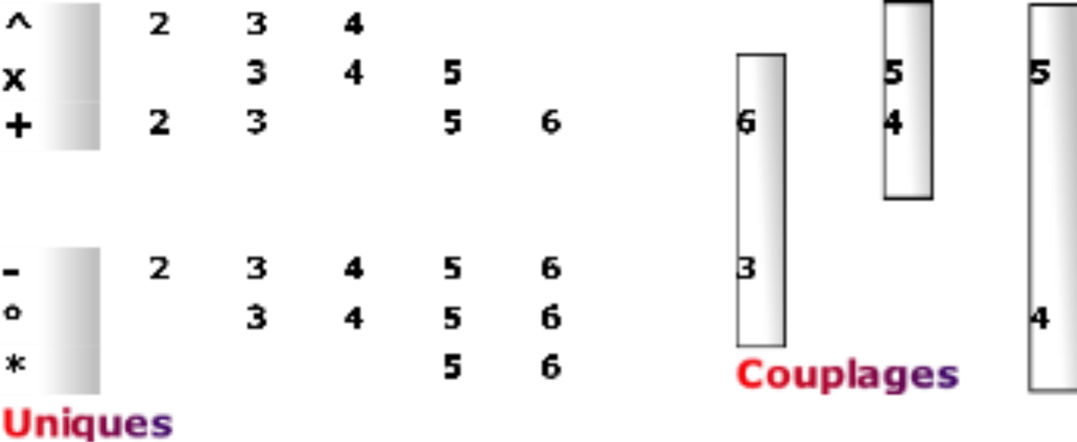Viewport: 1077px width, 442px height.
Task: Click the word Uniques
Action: coord(87,423)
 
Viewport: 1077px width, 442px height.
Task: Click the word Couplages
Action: coord(847,375)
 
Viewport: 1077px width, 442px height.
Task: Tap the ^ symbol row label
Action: coord(18,23)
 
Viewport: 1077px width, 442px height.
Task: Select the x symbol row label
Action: coord(14,77)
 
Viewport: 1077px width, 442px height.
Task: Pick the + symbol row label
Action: coord(18,125)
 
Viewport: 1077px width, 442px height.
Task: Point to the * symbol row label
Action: coord(13,366)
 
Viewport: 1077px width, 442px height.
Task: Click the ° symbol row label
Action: coord(12,312)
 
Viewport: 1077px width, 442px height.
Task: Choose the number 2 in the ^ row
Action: coord(159,26)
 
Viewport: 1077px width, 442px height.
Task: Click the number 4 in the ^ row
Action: coord(353,26)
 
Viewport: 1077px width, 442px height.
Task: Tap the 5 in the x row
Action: coord(452,74)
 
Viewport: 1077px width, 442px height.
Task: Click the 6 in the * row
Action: coord(550,366)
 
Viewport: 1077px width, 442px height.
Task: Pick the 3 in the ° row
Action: coord(256,318)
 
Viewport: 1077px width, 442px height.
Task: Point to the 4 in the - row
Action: coord(353,269)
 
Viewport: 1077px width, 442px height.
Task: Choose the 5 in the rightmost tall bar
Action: coord(1039,74)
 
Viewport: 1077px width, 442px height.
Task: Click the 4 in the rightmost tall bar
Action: coord(1039,318)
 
